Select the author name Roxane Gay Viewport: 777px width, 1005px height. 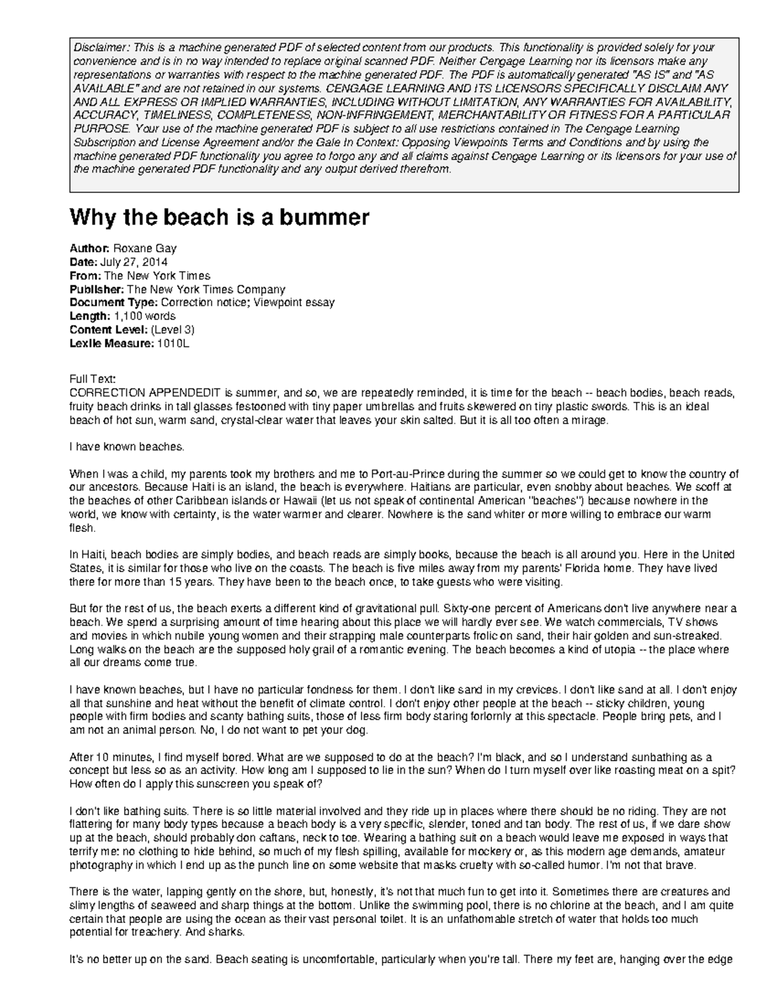(144, 248)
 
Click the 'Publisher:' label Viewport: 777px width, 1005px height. (96, 289)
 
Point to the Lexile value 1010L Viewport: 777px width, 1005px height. (172, 344)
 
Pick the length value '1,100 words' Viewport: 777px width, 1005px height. (144, 316)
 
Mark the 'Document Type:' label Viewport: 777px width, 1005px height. (113, 303)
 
